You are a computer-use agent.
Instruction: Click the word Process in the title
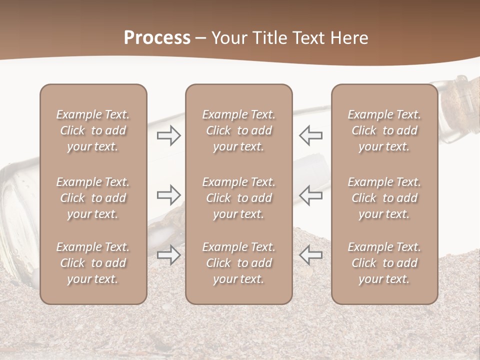(157, 38)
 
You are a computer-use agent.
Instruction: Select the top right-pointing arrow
(169, 135)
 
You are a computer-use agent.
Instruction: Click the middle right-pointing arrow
(169, 194)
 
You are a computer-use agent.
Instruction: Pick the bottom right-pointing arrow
(169, 255)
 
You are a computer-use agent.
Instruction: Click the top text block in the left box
(93, 130)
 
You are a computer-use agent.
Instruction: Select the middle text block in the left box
(93, 198)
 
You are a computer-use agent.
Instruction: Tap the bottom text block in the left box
(93, 263)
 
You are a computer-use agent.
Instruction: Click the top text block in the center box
(238, 130)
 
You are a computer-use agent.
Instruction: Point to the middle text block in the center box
(238, 198)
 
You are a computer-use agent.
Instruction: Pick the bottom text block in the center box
(238, 263)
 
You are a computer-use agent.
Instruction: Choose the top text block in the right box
(384, 130)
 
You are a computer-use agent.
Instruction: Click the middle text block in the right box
(384, 198)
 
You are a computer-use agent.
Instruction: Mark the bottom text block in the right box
(384, 263)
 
